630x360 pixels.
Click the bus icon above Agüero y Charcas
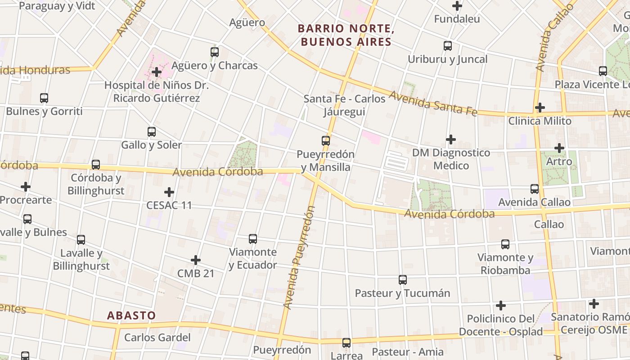click(x=215, y=52)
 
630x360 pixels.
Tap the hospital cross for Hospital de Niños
click(x=157, y=72)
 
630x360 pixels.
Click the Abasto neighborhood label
click(x=131, y=315)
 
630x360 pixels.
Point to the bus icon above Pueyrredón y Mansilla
click(x=326, y=140)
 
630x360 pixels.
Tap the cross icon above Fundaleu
click(x=457, y=6)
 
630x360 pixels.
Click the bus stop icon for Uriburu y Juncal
click(x=448, y=46)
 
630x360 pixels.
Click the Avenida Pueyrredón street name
click(x=299, y=257)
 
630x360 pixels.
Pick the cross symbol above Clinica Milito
click(x=540, y=108)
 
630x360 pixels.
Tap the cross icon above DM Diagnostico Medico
click(x=451, y=139)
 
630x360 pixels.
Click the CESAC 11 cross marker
click(x=169, y=192)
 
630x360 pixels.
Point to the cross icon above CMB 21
click(x=196, y=260)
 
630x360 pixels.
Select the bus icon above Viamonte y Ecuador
click(x=253, y=238)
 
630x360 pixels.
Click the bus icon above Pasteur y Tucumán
click(x=403, y=280)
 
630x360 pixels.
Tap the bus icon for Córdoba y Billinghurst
click(x=96, y=165)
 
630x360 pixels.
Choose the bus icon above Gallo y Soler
click(x=152, y=132)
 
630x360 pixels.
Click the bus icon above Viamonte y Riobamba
click(x=505, y=244)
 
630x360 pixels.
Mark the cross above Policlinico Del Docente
click(x=501, y=306)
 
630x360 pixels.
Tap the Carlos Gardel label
click(x=157, y=337)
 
